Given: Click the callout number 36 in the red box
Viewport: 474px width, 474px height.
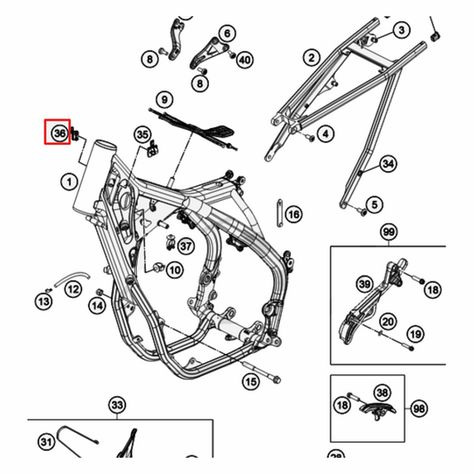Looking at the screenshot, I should pyautogui.click(x=59, y=133).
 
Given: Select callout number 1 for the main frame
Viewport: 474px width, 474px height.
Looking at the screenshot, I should pyautogui.click(x=67, y=182).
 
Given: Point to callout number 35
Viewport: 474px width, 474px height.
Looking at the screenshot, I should pyautogui.click(x=142, y=134).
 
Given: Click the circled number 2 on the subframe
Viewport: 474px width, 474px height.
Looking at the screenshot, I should pyautogui.click(x=311, y=58).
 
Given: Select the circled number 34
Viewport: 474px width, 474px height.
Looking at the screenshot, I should pyautogui.click(x=388, y=164).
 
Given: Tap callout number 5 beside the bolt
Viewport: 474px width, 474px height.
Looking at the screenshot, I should pyautogui.click(x=374, y=205).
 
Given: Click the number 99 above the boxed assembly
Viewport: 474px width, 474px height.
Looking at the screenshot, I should pyautogui.click(x=388, y=232).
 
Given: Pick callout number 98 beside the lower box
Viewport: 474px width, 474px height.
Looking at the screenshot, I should pyautogui.click(x=418, y=408).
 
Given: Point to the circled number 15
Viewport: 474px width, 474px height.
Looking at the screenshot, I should pyautogui.click(x=252, y=382).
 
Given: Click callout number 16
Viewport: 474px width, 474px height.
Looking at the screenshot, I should pyautogui.click(x=293, y=214).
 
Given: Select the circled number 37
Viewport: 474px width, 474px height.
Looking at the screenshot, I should pyautogui.click(x=185, y=245).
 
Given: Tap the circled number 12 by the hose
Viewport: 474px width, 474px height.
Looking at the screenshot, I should pyautogui.click(x=74, y=289).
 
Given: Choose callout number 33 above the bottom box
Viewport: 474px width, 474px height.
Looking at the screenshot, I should pyautogui.click(x=117, y=406).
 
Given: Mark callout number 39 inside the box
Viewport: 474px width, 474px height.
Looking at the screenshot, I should pyautogui.click(x=364, y=284).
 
